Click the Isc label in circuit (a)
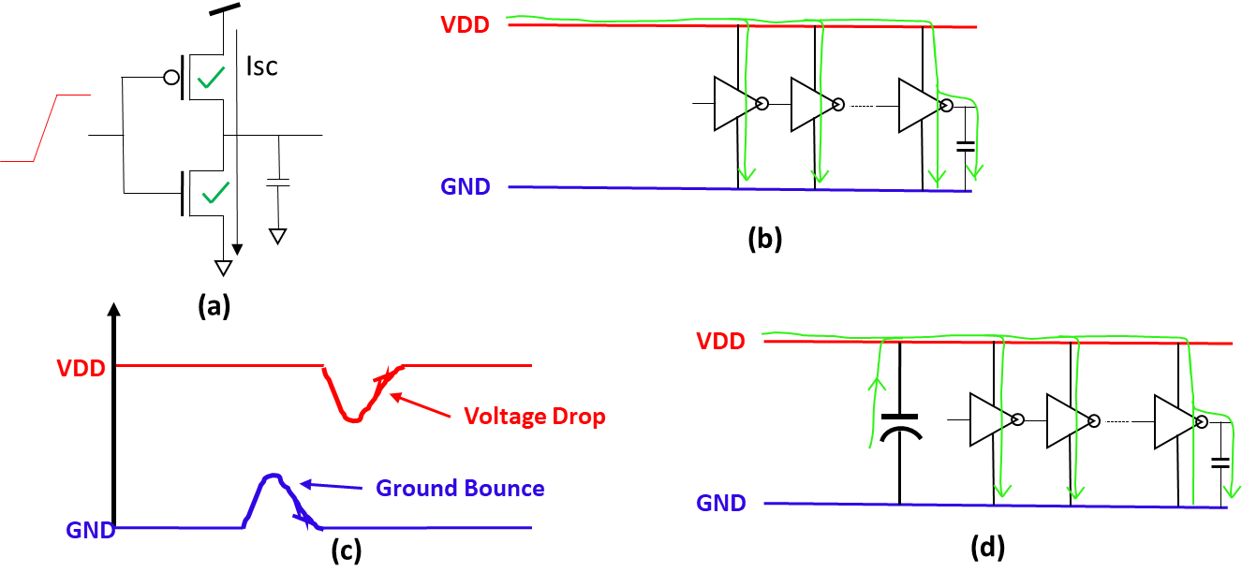(262, 67)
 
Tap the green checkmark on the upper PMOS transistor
(211, 80)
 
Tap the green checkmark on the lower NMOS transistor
(215, 194)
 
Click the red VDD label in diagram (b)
(466, 25)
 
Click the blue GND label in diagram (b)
(466, 187)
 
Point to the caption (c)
(347, 551)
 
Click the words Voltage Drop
(535, 417)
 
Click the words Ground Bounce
(460, 488)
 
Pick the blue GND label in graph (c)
(90, 530)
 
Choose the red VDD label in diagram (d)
(720, 342)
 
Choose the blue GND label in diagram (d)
(721, 503)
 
